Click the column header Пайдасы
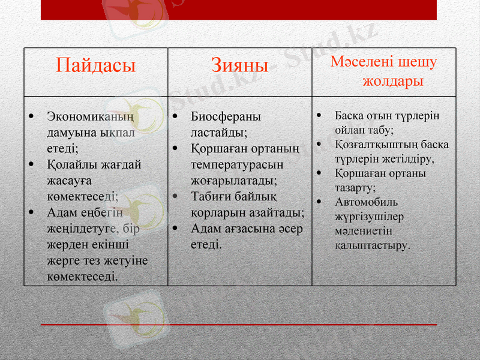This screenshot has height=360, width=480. click(x=96, y=65)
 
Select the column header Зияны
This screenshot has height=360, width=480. click(x=239, y=65)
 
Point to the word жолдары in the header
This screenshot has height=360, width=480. click(x=393, y=80)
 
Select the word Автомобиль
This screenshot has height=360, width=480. click(x=366, y=202)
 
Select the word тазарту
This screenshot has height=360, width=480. click(x=355, y=187)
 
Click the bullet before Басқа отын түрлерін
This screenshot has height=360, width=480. click(x=321, y=115)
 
